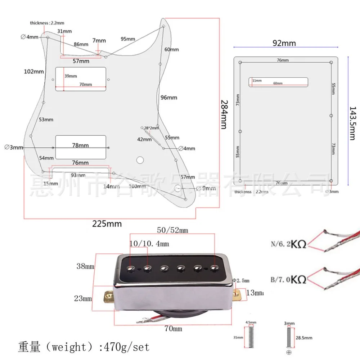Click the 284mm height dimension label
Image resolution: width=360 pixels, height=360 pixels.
point(224,114)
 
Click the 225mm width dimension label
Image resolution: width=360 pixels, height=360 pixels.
point(107,224)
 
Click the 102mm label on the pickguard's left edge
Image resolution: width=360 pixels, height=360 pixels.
point(34,72)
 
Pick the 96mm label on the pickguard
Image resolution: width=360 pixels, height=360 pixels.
point(169,98)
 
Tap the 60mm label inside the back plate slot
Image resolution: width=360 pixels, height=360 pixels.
point(278,84)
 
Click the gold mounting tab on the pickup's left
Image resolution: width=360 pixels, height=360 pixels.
point(108,296)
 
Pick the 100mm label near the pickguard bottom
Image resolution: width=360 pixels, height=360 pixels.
point(137,186)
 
